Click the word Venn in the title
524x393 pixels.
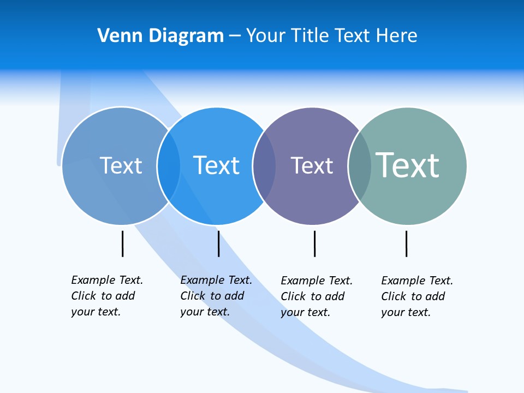click(x=113, y=36)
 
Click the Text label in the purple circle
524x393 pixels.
click(x=312, y=166)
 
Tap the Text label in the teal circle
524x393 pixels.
click(x=407, y=165)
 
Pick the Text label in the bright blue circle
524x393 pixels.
click(x=216, y=165)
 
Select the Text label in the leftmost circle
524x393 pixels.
click(x=121, y=165)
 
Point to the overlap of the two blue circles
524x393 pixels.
click(x=169, y=165)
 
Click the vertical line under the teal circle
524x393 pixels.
click(x=407, y=243)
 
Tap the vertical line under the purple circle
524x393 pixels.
click(x=315, y=243)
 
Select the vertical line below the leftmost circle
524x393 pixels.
click(x=123, y=243)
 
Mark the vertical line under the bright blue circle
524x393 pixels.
click(x=219, y=243)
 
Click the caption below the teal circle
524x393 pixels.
click(x=416, y=296)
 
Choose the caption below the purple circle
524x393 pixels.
click(x=316, y=296)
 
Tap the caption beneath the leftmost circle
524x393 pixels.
click(x=106, y=296)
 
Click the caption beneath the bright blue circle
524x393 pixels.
click(x=216, y=296)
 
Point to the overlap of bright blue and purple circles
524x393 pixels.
click(x=264, y=165)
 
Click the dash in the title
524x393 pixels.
click(x=235, y=37)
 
